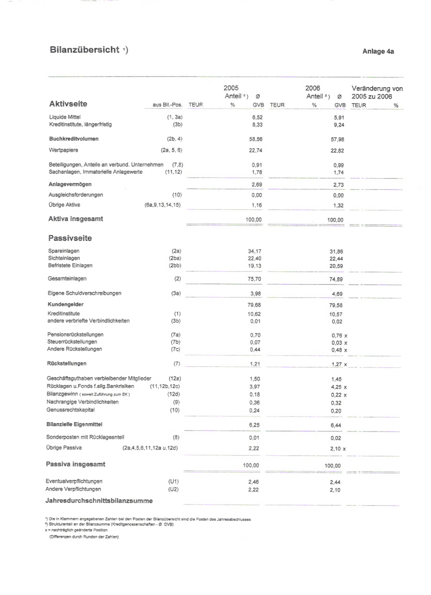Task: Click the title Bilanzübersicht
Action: (x=85, y=50)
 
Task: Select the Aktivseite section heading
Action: (x=68, y=104)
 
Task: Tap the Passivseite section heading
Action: (x=71, y=237)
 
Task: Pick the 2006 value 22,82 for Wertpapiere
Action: (x=337, y=151)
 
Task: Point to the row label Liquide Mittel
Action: (x=65, y=117)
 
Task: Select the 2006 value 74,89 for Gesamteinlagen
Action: (x=337, y=279)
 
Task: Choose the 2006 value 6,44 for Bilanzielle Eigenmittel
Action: (x=337, y=425)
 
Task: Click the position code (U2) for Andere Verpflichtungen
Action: (x=173, y=489)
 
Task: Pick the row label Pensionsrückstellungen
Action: (x=77, y=335)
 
